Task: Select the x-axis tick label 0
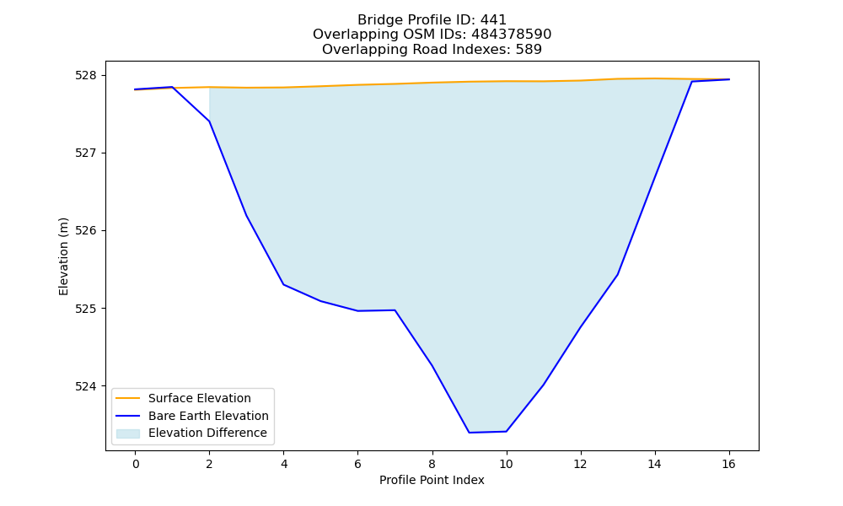(x=136, y=464)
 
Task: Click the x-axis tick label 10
(x=506, y=464)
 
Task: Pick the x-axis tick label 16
(x=728, y=464)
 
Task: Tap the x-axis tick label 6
(x=357, y=464)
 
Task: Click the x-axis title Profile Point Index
(x=432, y=480)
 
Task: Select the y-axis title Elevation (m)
(x=63, y=256)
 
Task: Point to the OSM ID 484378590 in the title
(x=512, y=35)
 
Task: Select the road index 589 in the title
(x=529, y=50)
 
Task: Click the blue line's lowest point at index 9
(x=469, y=433)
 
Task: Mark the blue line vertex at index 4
(x=283, y=284)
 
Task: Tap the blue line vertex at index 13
(x=617, y=275)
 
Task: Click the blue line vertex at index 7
(x=395, y=310)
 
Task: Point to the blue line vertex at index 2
(x=209, y=121)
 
